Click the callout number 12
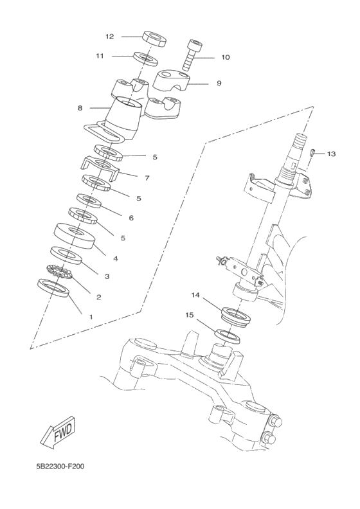click(x=109, y=36)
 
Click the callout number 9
click(x=219, y=83)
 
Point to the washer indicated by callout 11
click(x=147, y=59)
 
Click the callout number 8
click(x=80, y=108)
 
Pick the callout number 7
click(x=147, y=177)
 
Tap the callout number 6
click(x=130, y=218)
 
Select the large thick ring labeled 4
click(x=75, y=235)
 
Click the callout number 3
click(x=107, y=276)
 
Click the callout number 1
click(x=91, y=317)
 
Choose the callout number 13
click(x=331, y=154)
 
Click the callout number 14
click(x=195, y=295)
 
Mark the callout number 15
click(x=190, y=316)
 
